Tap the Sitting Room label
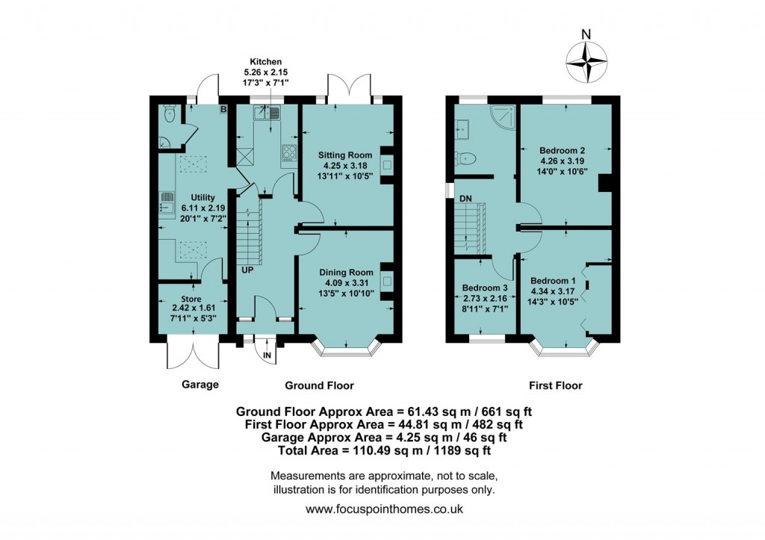coord(345,155)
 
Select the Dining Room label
coord(346,272)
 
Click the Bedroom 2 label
coord(562,150)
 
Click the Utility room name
coord(203,198)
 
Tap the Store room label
coord(191,299)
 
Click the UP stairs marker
coord(247,270)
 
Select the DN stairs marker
coord(465,199)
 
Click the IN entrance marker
coord(267,356)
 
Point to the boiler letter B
coord(223,110)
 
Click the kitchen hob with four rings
coord(288,152)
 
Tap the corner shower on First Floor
coord(501,117)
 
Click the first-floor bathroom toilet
coord(466,158)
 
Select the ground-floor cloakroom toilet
coord(169,114)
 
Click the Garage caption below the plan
coord(200,385)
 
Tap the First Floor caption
coord(556,385)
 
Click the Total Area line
coord(385,450)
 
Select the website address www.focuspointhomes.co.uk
coord(385,509)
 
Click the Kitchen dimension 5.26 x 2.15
coord(266,72)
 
